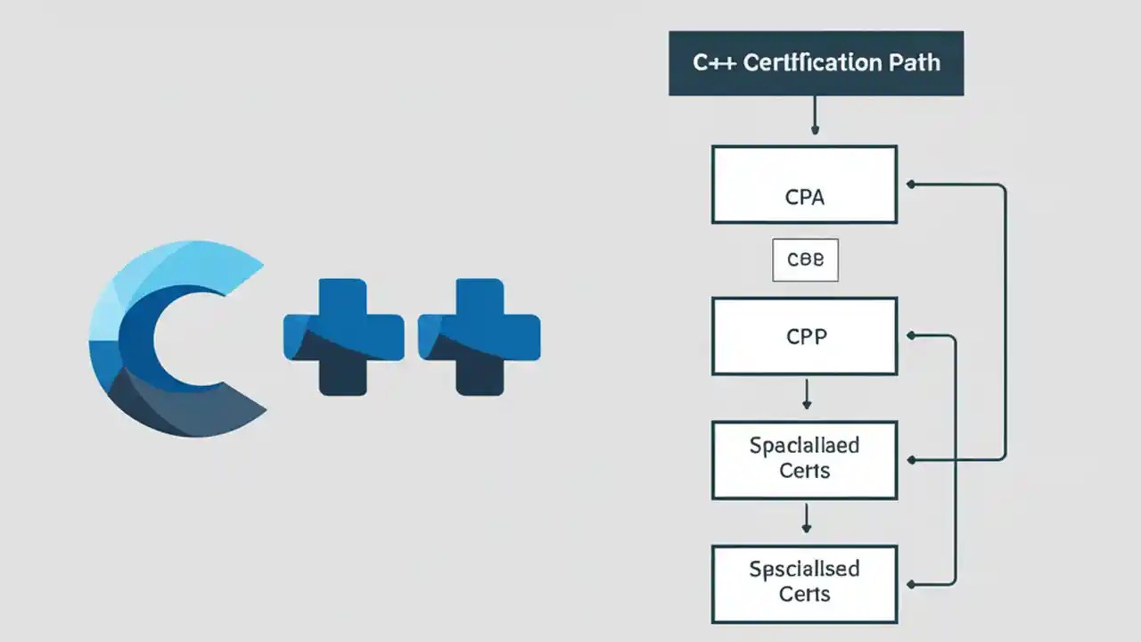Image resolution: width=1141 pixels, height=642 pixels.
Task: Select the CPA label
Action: [804, 197]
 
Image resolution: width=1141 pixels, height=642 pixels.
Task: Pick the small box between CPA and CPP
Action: [804, 260]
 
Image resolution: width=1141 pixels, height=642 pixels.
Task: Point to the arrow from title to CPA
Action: [814, 116]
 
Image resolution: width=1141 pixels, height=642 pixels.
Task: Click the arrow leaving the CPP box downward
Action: [806, 394]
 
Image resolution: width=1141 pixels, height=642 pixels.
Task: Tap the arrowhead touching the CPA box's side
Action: [910, 185]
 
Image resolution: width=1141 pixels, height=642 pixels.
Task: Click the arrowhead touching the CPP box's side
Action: [910, 336]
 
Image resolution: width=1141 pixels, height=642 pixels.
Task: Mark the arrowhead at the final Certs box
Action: [910, 585]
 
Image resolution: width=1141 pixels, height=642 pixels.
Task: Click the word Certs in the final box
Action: [804, 594]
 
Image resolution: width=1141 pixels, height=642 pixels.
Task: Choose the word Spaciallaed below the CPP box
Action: [804, 445]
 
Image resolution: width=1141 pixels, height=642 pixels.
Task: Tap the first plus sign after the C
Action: [343, 337]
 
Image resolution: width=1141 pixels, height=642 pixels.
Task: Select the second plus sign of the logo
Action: [480, 337]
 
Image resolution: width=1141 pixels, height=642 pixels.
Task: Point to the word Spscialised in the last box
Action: [804, 569]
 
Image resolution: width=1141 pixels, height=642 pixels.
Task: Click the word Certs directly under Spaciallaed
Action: [804, 471]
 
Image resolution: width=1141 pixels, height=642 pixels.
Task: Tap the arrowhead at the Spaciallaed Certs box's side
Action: [910, 460]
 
